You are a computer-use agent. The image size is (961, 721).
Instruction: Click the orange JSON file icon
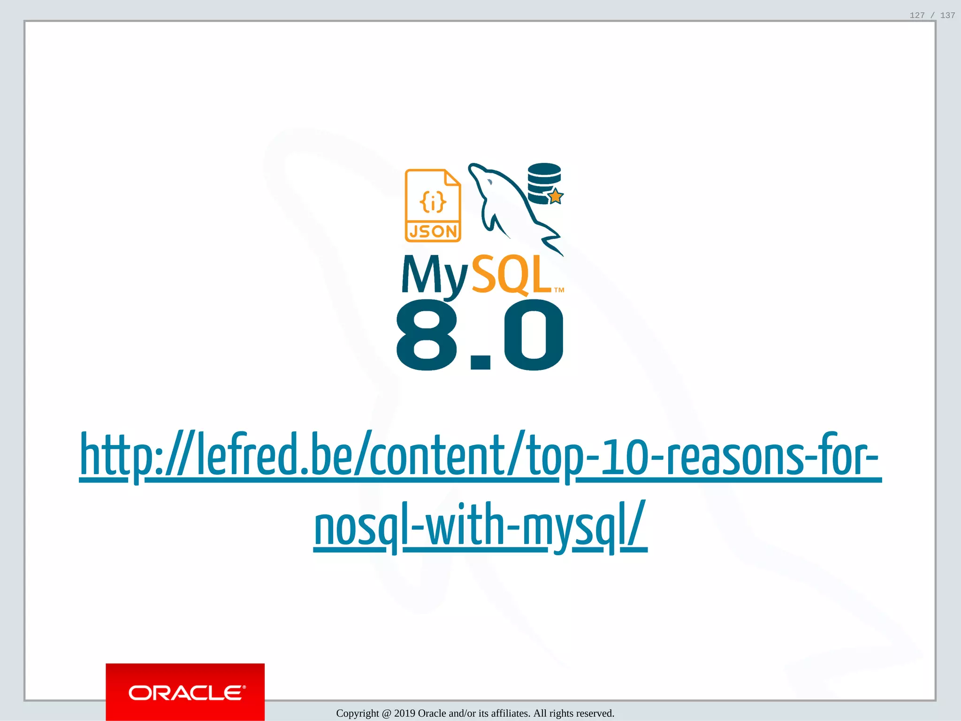pyautogui.click(x=433, y=206)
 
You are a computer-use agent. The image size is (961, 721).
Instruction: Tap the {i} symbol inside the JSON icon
pyautogui.click(x=433, y=202)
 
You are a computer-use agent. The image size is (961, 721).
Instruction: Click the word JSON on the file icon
pyautogui.click(x=433, y=231)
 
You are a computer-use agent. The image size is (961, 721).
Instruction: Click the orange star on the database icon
pyautogui.click(x=555, y=196)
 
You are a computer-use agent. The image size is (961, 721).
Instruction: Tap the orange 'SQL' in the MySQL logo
pyautogui.click(x=511, y=275)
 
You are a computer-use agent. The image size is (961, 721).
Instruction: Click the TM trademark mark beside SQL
pyautogui.click(x=559, y=290)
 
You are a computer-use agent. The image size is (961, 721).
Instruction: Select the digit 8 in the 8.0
pyautogui.click(x=427, y=335)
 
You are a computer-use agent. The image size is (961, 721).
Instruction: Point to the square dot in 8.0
pyautogui.click(x=480, y=362)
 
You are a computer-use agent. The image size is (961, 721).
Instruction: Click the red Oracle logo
pyautogui.click(x=185, y=692)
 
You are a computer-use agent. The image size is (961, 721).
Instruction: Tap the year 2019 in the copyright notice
pyautogui.click(x=404, y=713)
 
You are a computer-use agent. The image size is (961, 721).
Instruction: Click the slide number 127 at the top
pyautogui.click(x=917, y=15)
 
